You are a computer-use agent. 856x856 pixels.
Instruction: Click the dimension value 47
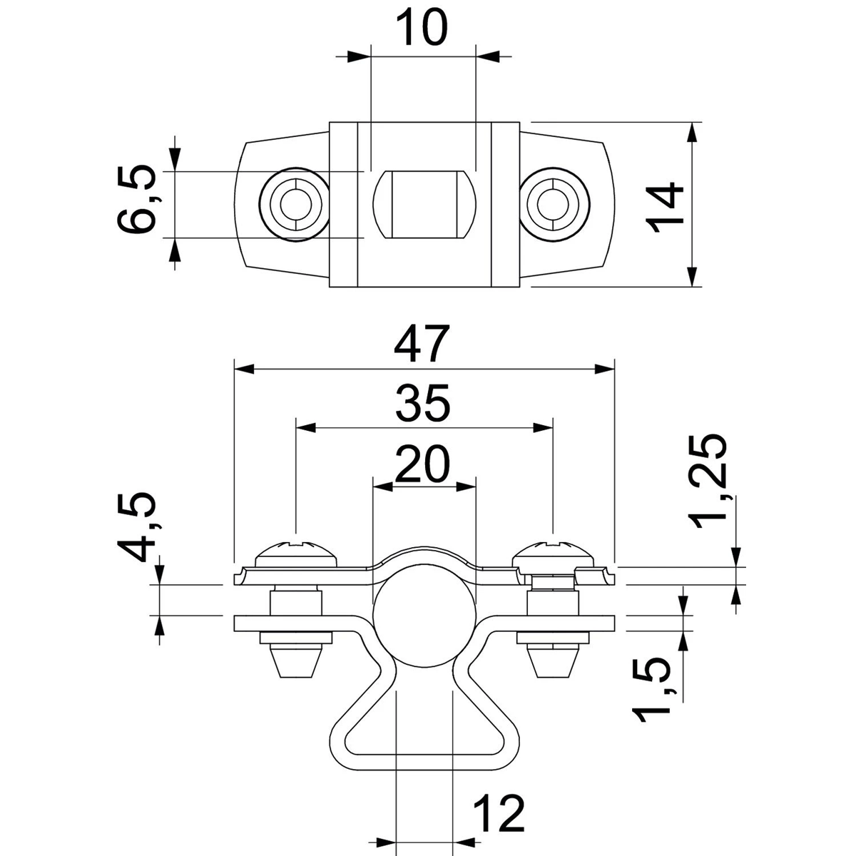422,345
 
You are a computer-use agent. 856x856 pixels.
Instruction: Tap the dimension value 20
422,464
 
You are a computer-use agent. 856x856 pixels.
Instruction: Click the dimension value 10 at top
422,27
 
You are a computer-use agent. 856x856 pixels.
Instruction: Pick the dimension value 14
665,208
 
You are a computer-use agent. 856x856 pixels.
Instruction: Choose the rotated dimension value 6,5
137,200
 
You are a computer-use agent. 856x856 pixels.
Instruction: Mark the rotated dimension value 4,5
136,528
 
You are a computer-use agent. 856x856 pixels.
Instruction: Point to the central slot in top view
424,204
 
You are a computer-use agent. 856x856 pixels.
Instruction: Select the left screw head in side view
296,555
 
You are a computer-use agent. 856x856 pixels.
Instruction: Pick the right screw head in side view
553,555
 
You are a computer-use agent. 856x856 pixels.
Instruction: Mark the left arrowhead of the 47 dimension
244,369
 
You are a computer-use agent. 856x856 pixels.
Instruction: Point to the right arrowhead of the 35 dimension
542,428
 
